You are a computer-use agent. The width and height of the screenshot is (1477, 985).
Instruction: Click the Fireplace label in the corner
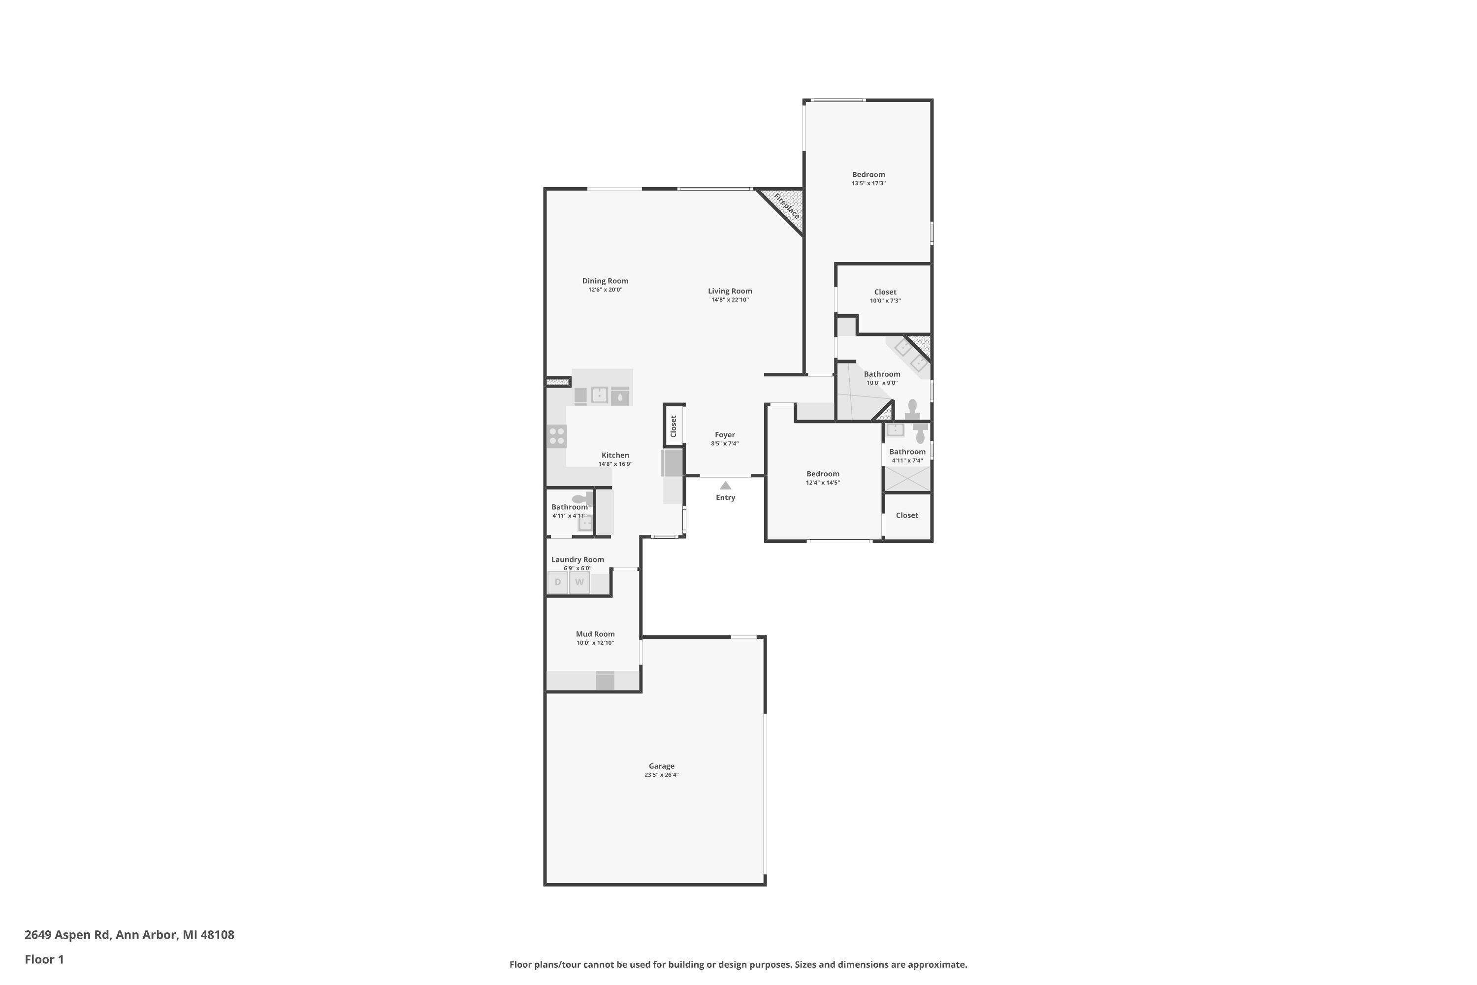coord(786,206)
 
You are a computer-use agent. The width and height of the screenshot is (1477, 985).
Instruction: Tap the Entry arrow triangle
coord(725,485)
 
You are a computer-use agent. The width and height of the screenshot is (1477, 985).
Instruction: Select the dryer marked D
coord(558,582)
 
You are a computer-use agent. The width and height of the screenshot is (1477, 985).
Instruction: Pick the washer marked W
coord(579,582)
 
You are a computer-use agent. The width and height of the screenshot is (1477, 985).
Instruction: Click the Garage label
coord(661,766)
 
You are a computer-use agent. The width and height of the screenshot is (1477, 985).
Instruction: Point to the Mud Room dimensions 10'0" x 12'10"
coord(595,643)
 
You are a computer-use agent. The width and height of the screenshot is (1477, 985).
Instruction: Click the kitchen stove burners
coord(557,436)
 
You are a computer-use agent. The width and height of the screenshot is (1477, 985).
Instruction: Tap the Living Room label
coord(730,291)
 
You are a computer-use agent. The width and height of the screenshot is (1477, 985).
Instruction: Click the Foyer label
coord(725,435)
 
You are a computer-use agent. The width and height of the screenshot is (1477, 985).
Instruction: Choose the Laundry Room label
coord(578,559)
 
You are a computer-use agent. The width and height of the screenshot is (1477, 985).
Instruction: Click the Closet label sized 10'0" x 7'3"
coord(885,292)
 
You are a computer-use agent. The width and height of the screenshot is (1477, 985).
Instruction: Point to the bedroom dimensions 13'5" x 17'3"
coord(868,183)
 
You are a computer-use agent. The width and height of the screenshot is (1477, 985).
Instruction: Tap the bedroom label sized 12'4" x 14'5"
coord(823,474)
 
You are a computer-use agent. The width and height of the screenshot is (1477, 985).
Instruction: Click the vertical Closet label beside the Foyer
coord(674,426)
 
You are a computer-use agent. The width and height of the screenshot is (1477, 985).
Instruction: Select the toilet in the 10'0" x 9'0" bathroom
coord(912,410)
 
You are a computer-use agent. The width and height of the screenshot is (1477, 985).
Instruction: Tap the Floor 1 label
coord(45,959)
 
